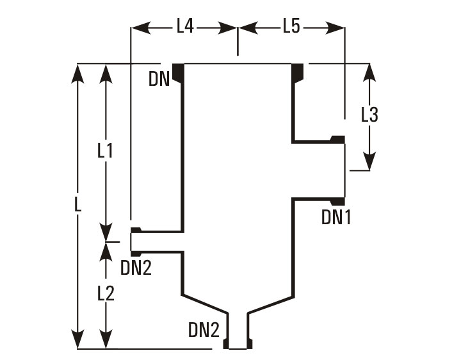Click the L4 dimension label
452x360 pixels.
(x=184, y=26)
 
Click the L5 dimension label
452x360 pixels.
(x=291, y=26)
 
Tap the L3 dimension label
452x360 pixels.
(x=369, y=115)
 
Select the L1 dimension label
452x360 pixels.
(x=105, y=151)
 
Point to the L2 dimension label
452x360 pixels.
(x=106, y=294)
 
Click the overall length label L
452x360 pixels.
(x=77, y=206)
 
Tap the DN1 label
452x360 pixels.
(x=336, y=218)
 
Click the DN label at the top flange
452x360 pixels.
(x=159, y=79)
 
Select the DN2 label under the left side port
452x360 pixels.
(x=136, y=268)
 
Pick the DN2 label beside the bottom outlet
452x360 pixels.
(x=204, y=330)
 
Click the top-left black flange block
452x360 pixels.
(x=178, y=73)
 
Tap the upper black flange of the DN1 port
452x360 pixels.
(x=337, y=139)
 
